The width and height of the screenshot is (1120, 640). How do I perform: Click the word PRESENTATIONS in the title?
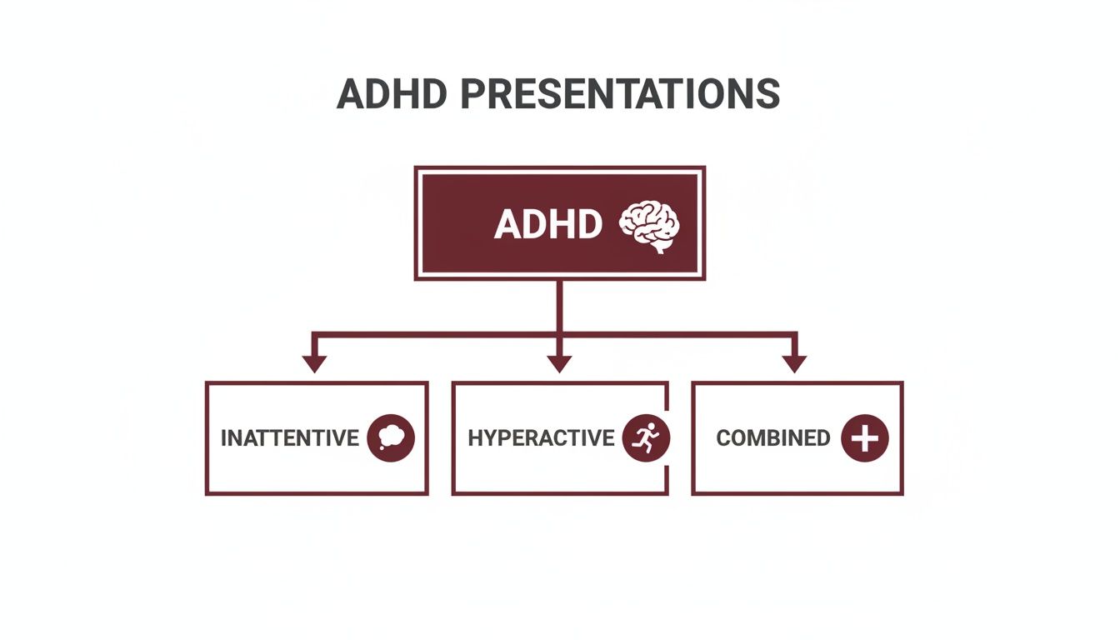[x=620, y=94]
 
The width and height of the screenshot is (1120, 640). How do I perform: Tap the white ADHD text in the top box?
[x=547, y=224]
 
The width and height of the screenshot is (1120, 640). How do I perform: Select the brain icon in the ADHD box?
[x=650, y=225]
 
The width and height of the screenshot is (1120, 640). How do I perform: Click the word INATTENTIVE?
[x=289, y=438]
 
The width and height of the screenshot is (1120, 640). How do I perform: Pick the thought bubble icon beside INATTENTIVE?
[x=390, y=437]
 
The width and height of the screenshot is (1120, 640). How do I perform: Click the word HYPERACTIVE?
[x=541, y=438]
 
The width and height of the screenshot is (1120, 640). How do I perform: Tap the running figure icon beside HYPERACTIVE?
[x=646, y=437]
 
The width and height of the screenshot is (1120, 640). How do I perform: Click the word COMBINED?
[x=773, y=438]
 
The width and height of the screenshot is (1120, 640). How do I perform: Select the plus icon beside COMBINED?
[x=864, y=437]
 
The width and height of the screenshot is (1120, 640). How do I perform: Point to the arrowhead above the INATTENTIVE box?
[x=314, y=363]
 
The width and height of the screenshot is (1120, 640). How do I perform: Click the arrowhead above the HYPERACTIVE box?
[x=559, y=363]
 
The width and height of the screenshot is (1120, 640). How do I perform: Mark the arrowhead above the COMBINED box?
[x=794, y=363]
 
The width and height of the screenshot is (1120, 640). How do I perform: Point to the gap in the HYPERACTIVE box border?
[x=667, y=478]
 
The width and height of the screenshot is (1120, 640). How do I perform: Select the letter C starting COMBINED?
[x=724, y=438]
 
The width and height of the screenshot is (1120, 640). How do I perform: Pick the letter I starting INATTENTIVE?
[x=223, y=438]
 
